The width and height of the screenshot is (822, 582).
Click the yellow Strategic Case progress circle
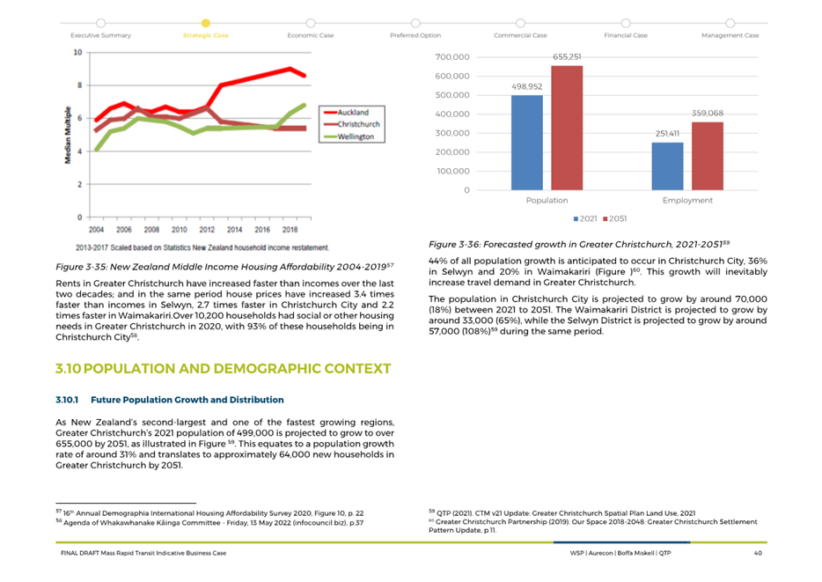(206, 23)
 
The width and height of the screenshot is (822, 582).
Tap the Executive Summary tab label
(100, 35)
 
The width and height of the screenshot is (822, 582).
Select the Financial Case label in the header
(626, 35)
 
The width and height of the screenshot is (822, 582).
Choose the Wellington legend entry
(349, 136)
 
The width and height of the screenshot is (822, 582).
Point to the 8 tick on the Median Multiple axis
(80, 85)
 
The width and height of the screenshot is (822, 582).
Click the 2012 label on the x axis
(207, 230)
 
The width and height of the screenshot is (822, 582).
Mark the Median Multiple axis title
(68, 136)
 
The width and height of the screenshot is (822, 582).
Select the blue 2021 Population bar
(527, 143)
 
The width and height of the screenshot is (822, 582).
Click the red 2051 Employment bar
(708, 156)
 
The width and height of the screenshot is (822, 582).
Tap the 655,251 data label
(567, 56)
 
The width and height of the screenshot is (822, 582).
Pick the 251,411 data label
(667, 134)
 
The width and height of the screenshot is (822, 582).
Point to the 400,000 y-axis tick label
(452, 114)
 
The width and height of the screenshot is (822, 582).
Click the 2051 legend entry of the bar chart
(614, 218)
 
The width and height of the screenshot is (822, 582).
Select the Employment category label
(687, 200)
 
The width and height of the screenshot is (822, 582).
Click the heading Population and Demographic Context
(224, 369)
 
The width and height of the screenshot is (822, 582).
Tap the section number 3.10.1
(67, 400)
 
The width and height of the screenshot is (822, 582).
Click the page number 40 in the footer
(758, 553)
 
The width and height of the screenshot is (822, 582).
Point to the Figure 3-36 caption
(579, 245)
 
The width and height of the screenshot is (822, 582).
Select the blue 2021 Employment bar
(667, 166)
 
